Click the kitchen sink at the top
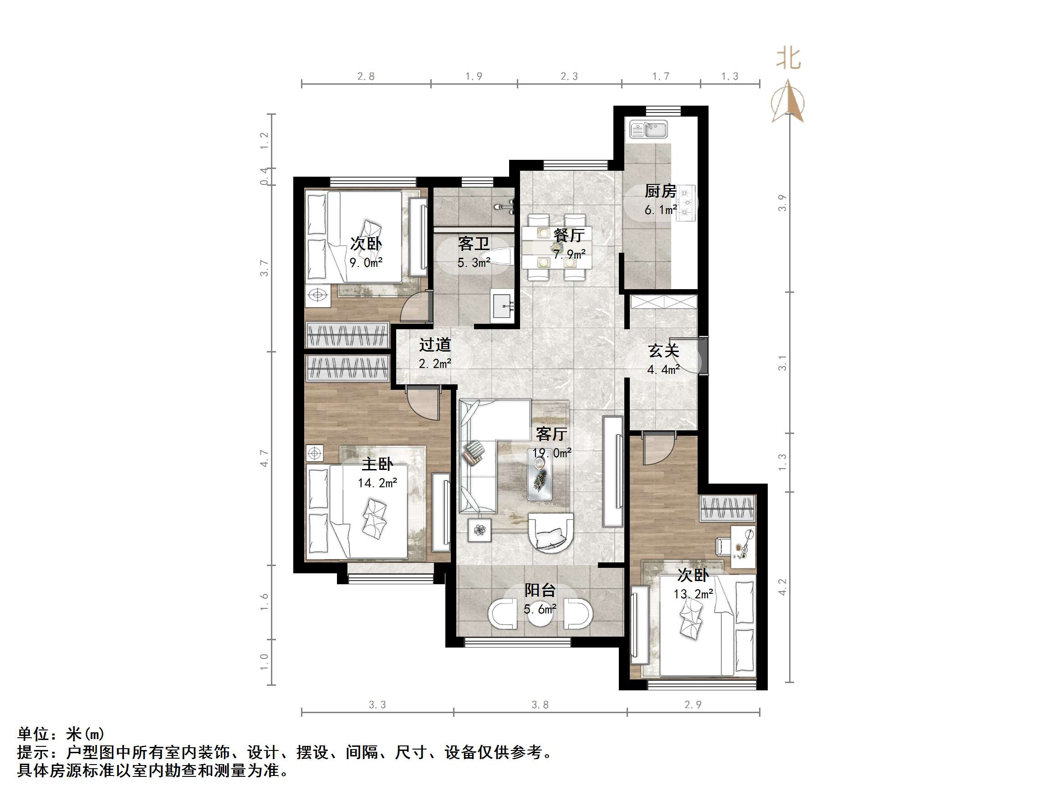pyautogui.click(x=648, y=129)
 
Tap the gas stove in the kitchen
pyautogui.click(x=686, y=203)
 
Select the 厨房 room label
pyautogui.click(x=660, y=191)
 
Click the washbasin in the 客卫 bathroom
pyautogui.click(x=503, y=305)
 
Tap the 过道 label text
pyautogui.click(x=435, y=345)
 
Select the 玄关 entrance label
pyautogui.click(x=664, y=351)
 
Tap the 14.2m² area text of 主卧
pyautogui.click(x=377, y=483)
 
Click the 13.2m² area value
pyautogui.click(x=693, y=594)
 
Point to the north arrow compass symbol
pyautogui.click(x=788, y=102)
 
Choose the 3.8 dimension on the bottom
pyautogui.click(x=540, y=705)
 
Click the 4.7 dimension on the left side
pyautogui.click(x=264, y=458)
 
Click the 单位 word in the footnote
pyautogui.click(x=33, y=735)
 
